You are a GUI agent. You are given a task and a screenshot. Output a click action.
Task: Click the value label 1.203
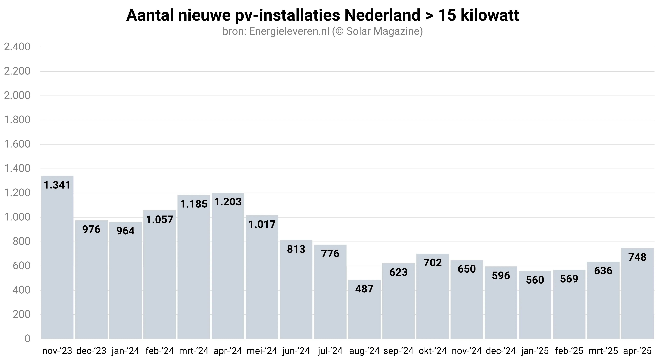[228, 202]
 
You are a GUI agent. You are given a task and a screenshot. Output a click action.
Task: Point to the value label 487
[364, 289]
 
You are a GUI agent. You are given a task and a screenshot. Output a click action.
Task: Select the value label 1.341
[57, 185]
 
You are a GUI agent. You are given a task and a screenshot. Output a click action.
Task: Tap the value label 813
[296, 249]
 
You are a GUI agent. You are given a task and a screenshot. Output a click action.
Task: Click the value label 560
[535, 280]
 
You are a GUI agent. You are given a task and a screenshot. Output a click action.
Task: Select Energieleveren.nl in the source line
[289, 32]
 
